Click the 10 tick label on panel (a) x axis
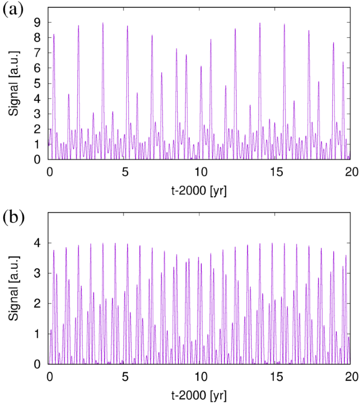(x=200, y=171)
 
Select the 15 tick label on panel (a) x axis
(x=276, y=171)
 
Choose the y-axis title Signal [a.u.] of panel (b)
(x=16, y=288)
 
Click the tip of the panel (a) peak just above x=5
(x=127, y=26)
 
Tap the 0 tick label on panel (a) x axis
(x=49, y=171)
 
